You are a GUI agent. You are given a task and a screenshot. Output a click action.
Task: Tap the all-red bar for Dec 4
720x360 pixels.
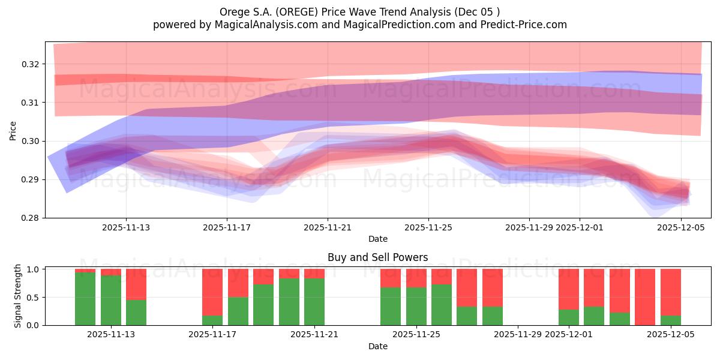(645, 297)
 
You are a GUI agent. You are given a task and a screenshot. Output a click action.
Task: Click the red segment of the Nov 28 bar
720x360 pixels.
(493, 287)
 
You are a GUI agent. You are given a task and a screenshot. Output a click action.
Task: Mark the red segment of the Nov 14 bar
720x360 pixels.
(136, 284)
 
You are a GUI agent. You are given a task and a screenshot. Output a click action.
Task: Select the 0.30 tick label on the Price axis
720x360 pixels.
(31, 141)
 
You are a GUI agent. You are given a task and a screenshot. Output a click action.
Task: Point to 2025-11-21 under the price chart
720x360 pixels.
(328, 227)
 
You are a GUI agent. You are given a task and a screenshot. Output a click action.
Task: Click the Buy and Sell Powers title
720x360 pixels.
(378, 257)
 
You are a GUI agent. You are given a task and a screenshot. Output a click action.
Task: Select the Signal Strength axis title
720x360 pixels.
(18, 296)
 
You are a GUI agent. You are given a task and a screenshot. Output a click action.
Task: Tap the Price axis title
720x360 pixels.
(13, 130)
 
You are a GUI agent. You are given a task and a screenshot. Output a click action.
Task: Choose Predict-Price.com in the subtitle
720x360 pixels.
(520, 25)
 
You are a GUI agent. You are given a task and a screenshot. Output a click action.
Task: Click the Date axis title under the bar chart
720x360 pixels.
(378, 346)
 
